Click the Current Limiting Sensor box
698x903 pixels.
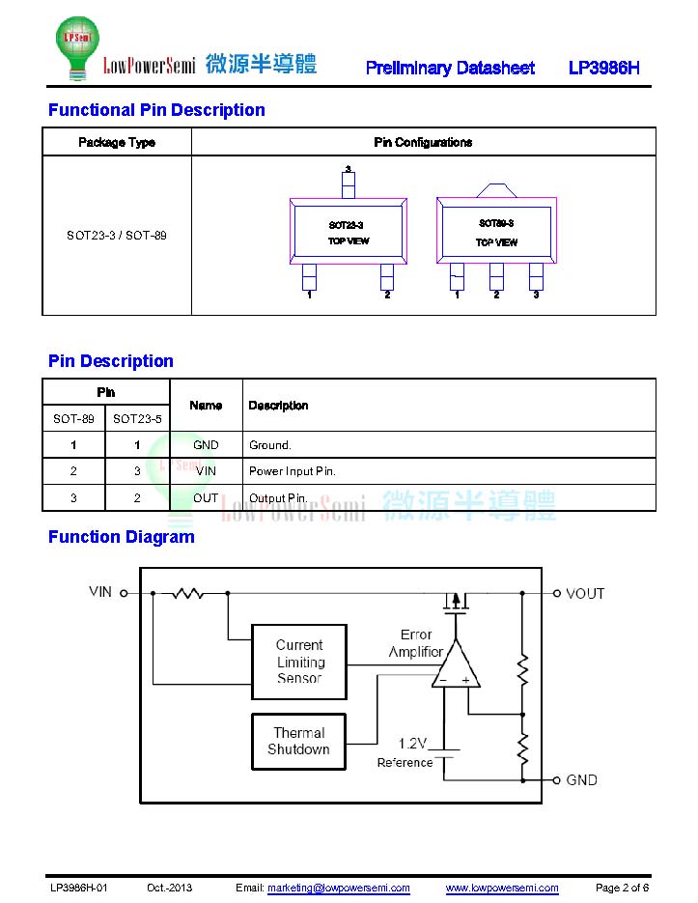tap(299, 662)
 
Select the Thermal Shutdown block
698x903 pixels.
tap(298, 742)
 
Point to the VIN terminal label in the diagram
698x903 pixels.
tap(100, 591)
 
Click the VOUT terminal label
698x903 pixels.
tap(585, 593)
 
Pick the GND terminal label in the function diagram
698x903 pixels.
tap(581, 779)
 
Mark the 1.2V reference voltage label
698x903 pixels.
tap(412, 744)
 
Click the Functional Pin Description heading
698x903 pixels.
tap(156, 110)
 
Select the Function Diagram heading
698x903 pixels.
tap(122, 537)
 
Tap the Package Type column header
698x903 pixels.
tap(117, 142)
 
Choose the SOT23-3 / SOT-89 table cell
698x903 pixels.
tap(117, 235)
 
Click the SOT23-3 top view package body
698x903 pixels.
tap(348, 232)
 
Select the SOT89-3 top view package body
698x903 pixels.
tap(496, 231)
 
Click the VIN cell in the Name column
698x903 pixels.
tap(206, 471)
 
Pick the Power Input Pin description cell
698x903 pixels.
tap(293, 471)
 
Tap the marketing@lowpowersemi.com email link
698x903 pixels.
tap(338, 888)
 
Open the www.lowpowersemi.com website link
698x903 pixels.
tap(502, 888)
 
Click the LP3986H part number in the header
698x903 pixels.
tap(604, 68)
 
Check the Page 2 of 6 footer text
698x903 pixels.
tap(622, 888)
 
